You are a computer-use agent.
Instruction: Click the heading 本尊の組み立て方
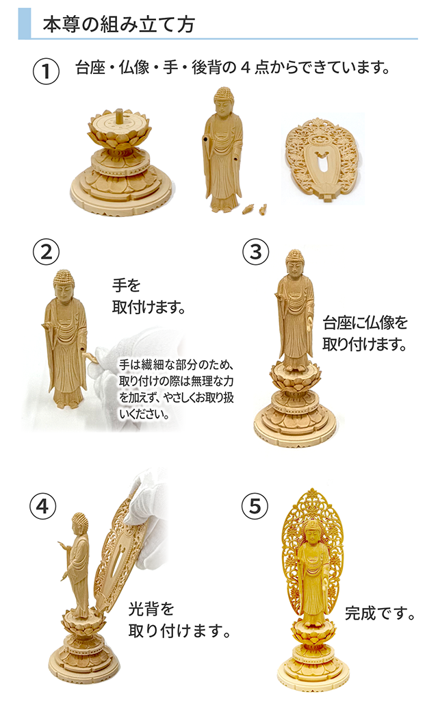(118, 25)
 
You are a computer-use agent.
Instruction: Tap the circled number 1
(46, 72)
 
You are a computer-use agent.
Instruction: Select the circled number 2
(46, 251)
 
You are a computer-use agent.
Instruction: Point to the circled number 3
(255, 251)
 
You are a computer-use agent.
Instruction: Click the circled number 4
(42, 506)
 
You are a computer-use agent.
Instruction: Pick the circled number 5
(255, 506)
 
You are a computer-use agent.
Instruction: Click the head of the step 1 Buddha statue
(223, 100)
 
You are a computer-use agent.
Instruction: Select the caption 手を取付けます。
(149, 295)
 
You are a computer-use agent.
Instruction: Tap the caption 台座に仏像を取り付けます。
(366, 333)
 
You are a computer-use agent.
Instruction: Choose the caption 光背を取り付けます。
(176, 619)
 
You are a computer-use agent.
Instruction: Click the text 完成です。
(381, 611)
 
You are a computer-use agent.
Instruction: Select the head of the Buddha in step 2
(64, 282)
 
